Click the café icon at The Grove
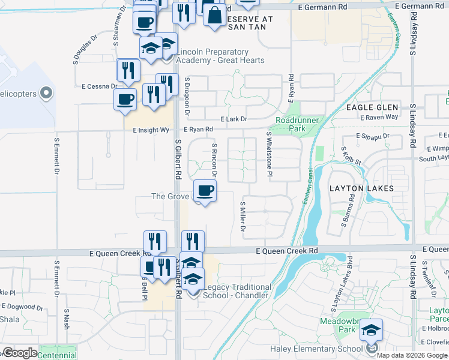click(205, 191)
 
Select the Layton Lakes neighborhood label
click(361, 188)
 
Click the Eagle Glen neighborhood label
click(372, 107)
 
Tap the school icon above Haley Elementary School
click(372, 330)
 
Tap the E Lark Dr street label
click(234, 119)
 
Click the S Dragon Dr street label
click(187, 96)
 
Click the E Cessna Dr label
click(97, 86)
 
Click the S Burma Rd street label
click(346, 217)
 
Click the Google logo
click(20, 353)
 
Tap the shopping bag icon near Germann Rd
click(214, 14)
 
